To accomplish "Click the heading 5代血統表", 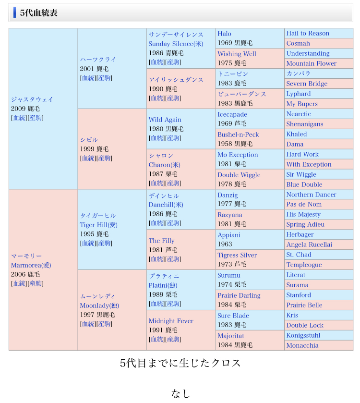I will pyautogui.click(x=39, y=13).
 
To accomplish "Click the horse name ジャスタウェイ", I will pyautogui.click(x=32, y=99).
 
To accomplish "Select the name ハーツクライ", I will pyautogui.click(x=98, y=60).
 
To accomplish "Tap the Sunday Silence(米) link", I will pyautogui.click(x=176, y=44).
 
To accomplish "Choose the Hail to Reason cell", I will pyautogui.click(x=308, y=33).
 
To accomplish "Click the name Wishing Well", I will pyautogui.click(x=237, y=54).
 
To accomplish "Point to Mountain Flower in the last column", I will pyautogui.click(x=311, y=63).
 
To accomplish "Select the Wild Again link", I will pyautogui.click(x=165, y=120).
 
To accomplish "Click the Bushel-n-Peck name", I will pyautogui.click(x=238, y=134).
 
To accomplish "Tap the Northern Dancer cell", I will pyautogui.click(x=311, y=195).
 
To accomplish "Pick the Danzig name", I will pyautogui.click(x=228, y=195).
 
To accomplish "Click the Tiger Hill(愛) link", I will pyautogui.click(x=98, y=225).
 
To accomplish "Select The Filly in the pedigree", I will pyautogui.click(x=161, y=241).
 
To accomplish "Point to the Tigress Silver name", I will pyautogui.click(x=237, y=255).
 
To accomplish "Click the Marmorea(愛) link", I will pyautogui.click(x=31, y=265).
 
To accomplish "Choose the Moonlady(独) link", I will pyautogui.click(x=99, y=305).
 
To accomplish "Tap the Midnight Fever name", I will pyautogui.click(x=171, y=321).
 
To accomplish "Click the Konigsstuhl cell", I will pyautogui.click(x=303, y=335).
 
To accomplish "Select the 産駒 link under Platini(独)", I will pyautogui.click(x=173, y=304).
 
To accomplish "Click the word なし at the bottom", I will pyautogui.click(x=180, y=393).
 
